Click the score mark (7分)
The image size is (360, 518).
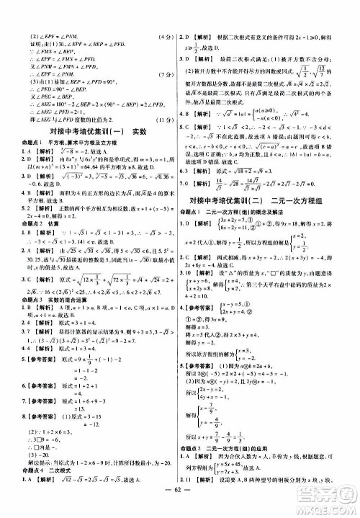pos(165,74)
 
